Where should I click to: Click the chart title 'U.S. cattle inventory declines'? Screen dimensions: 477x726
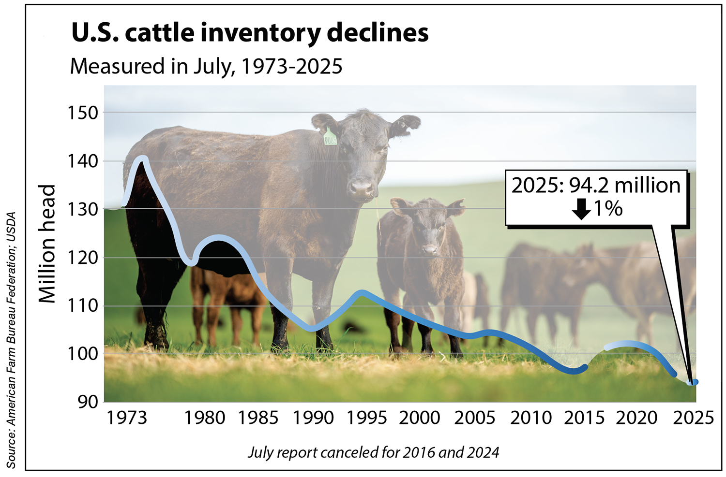click(x=250, y=33)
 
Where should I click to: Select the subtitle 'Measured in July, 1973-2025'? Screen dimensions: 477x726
click(x=206, y=66)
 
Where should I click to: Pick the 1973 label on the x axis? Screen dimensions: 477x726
click(x=126, y=418)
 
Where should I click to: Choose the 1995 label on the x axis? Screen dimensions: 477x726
click(x=367, y=418)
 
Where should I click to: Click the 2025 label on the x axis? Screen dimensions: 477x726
click(x=693, y=418)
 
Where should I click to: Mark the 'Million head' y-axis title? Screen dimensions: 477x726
click(x=47, y=244)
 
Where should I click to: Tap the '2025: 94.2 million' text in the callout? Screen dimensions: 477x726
click(x=596, y=186)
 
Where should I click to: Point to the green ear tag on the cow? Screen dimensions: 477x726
click(x=330, y=137)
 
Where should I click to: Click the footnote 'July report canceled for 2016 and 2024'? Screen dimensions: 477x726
click(x=373, y=452)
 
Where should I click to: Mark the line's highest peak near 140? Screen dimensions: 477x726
click(x=142, y=159)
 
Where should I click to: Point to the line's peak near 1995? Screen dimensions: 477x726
click(x=361, y=293)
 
